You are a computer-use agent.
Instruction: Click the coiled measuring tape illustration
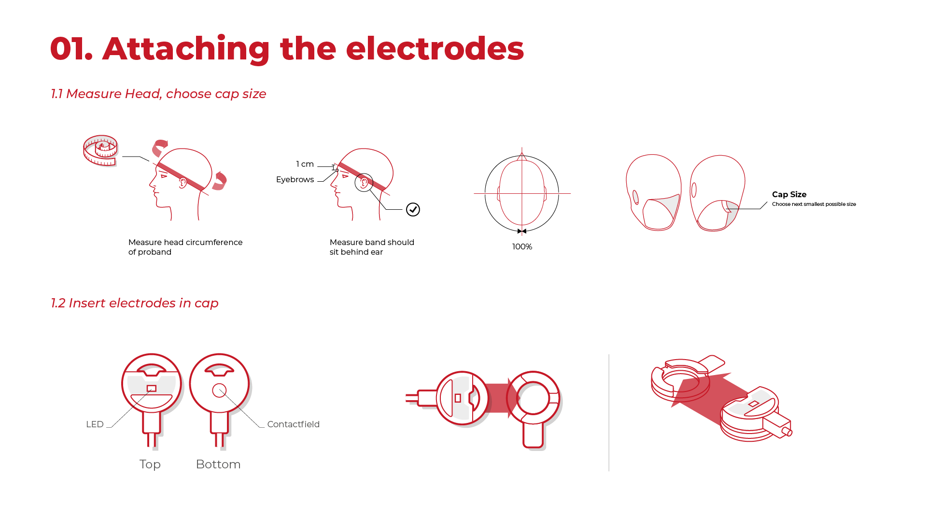(100, 150)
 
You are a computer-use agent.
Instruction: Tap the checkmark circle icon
(413, 210)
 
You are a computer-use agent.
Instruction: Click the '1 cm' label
(305, 164)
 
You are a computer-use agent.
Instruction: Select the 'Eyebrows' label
(295, 180)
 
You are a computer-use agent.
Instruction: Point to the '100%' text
(522, 247)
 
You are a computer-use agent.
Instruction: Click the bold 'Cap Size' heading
(789, 194)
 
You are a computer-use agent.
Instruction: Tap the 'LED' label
(95, 424)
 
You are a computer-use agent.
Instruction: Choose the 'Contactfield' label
(293, 424)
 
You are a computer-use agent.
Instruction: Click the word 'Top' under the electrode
(150, 464)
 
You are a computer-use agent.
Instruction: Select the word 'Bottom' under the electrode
(218, 464)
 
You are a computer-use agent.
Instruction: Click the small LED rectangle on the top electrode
(152, 389)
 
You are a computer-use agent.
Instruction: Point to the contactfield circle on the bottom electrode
(219, 391)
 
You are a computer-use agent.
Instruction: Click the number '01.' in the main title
(71, 49)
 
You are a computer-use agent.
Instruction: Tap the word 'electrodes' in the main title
(435, 49)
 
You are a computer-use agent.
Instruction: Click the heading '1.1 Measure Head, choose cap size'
(158, 94)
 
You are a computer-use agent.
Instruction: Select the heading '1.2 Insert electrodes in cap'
(135, 303)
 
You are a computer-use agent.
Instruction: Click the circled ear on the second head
(364, 182)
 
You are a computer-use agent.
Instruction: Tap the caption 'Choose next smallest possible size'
(814, 204)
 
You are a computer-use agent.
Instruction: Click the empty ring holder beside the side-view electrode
(533, 398)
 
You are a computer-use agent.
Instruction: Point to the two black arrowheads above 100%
(522, 232)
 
